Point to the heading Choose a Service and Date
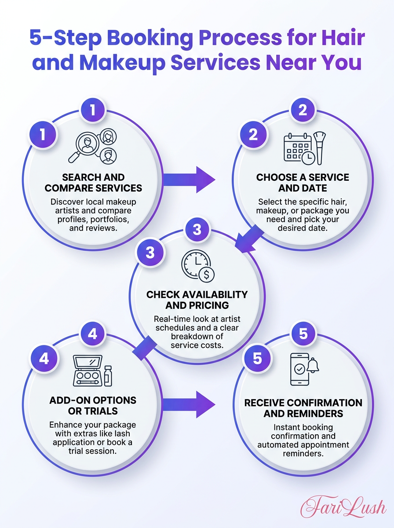tap(303, 183)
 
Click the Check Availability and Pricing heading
tap(197, 300)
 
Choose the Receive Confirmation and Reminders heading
tap(303, 408)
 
